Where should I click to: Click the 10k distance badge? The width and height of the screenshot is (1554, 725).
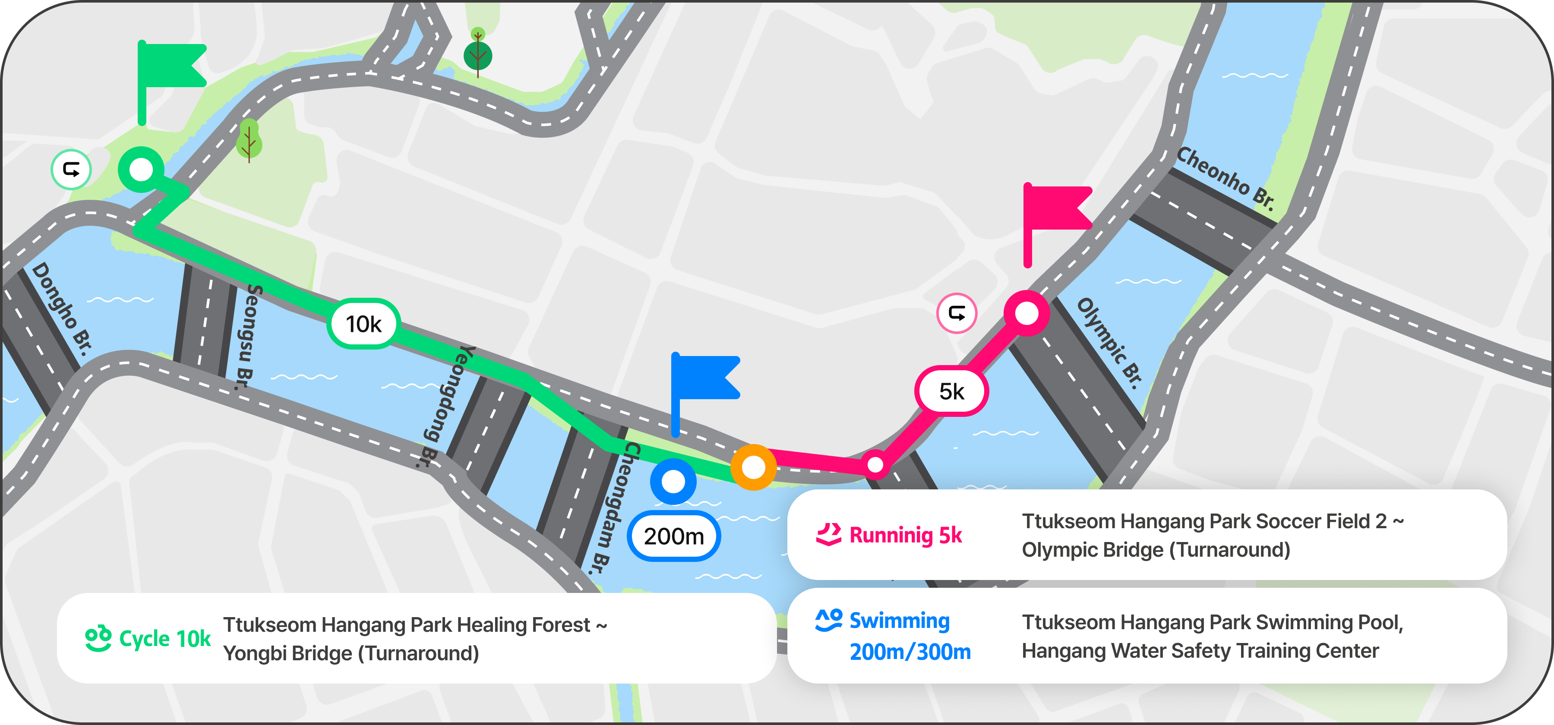click(364, 324)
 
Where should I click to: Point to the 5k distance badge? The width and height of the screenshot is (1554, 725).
click(951, 391)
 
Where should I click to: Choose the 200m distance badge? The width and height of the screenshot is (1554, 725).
click(673, 536)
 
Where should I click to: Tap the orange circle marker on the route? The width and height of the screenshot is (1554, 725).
click(753, 467)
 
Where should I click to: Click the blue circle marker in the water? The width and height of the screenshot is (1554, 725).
click(673, 481)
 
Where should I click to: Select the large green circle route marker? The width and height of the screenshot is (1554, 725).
click(141, 170)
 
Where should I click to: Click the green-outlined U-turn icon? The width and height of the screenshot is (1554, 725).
click(71, 170)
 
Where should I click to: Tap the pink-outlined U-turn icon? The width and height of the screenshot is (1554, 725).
click(957, 313)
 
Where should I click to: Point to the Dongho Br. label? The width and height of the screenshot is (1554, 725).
click(63, 308)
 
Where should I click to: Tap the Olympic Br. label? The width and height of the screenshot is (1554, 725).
click(1109, 343)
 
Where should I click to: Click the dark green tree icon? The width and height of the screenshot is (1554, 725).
click(478, 54)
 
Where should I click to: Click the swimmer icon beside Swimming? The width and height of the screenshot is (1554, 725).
click(828, 620)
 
